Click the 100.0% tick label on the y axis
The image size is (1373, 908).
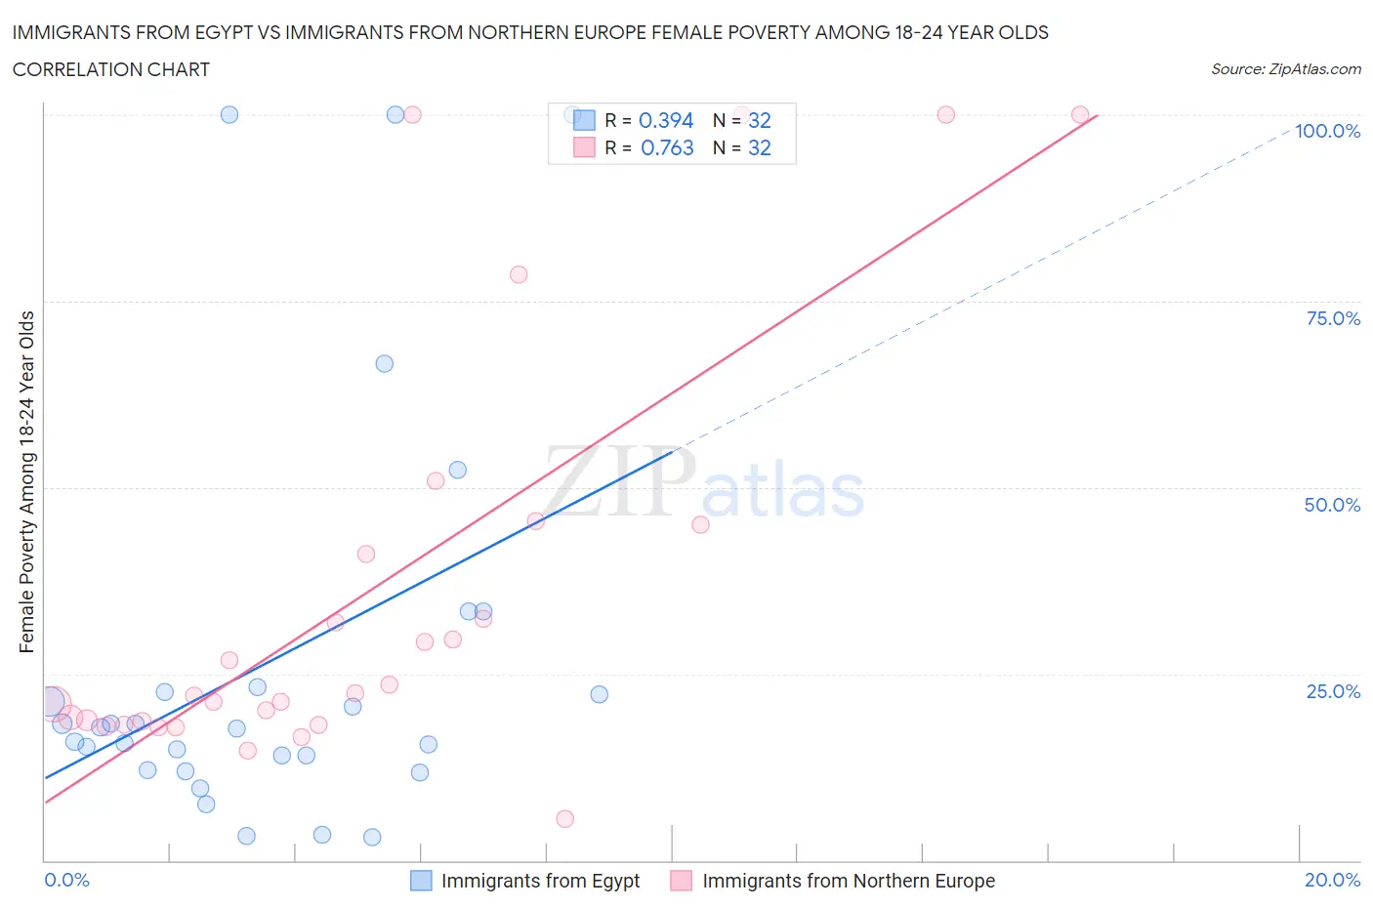tap(1327, 131)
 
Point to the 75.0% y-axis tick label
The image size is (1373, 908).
tap(1333, 318)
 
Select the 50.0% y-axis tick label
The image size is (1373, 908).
tap(1332, 505)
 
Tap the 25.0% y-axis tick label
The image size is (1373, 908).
tap(1333, 691)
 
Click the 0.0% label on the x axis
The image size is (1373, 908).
tap(66, 880)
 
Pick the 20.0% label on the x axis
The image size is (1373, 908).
tap(1332, 880)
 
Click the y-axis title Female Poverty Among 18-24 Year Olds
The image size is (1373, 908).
tap(26, 481)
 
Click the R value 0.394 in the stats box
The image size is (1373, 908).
tap(665, 120)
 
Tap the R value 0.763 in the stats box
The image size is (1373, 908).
tap(667, 147)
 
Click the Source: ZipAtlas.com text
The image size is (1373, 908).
tap(1285, 69)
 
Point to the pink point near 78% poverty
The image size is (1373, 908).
tap(519, 274)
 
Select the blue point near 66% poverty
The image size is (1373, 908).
tap(385, 363)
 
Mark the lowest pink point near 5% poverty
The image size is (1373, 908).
tap(564, 819)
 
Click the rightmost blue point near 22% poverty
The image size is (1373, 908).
tap(600, 694)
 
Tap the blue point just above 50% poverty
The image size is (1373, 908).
tap(457, 470)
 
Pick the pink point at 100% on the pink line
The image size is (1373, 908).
tap(1080, 114)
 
